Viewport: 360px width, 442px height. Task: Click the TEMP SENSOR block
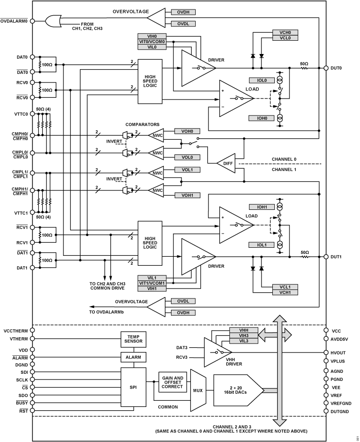point(133,339)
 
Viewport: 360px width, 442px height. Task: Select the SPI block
point(133,387)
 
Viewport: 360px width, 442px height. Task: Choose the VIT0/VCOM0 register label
point(153,42)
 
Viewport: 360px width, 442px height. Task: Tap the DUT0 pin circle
point(326,68)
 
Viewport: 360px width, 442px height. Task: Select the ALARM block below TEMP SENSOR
point(133,357)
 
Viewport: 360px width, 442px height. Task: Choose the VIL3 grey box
point(238,341)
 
